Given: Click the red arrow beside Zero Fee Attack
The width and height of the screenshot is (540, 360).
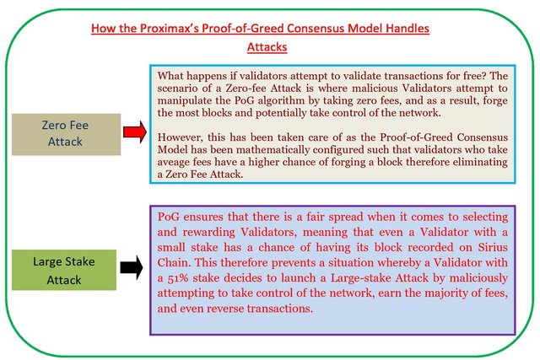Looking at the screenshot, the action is click(135, 132).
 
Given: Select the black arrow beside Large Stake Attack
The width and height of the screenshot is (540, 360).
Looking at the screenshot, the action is click(132, 267).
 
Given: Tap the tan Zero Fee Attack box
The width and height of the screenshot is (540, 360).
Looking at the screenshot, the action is click(66, 135).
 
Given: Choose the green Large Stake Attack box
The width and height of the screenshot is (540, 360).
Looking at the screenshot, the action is click(64, 270).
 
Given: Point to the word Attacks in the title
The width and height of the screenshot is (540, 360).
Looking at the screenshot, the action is click(267, 47).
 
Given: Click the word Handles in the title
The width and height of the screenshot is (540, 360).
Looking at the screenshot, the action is click(408, 28).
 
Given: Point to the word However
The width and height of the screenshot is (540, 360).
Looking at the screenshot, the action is click(180, 137).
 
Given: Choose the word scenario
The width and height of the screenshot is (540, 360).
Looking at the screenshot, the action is click(177, 89).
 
